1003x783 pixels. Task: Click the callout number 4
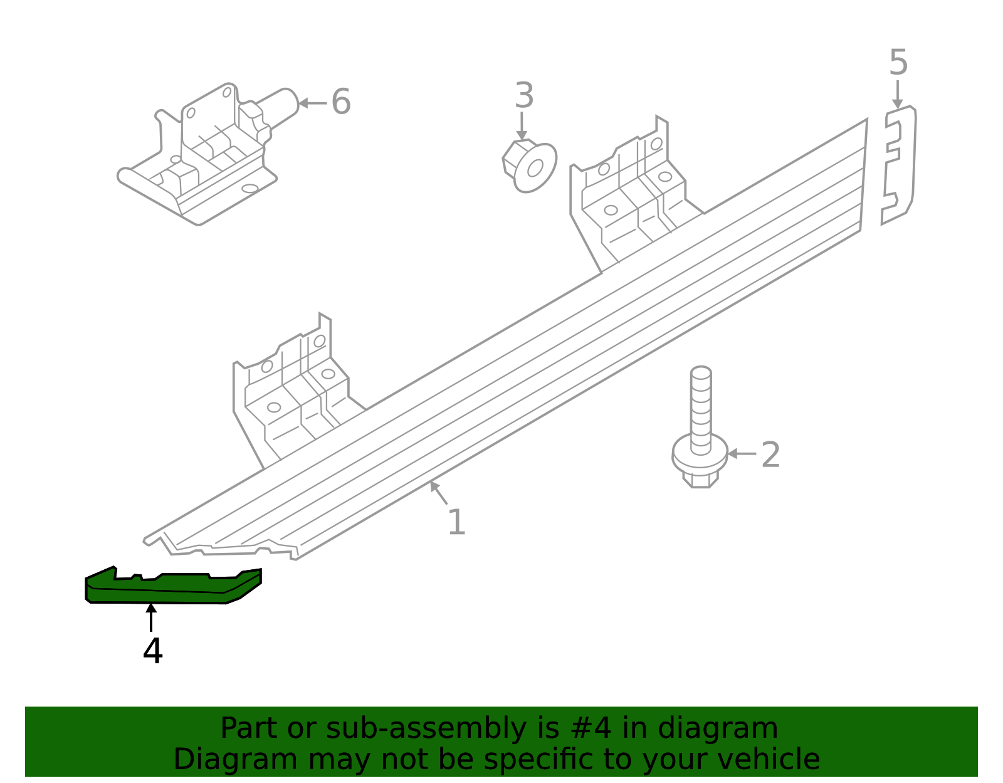152,652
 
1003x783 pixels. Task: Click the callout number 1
456,523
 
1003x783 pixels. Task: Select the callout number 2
770,455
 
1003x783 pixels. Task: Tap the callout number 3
524,97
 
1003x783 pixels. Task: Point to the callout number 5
898,63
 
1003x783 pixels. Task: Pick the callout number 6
340,102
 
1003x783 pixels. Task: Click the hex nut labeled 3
530,166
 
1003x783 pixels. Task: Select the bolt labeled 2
700,426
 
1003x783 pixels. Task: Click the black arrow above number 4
151,617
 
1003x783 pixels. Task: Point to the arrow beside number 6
312,103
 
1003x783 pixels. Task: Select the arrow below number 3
522,126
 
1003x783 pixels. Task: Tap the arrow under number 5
898,94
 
